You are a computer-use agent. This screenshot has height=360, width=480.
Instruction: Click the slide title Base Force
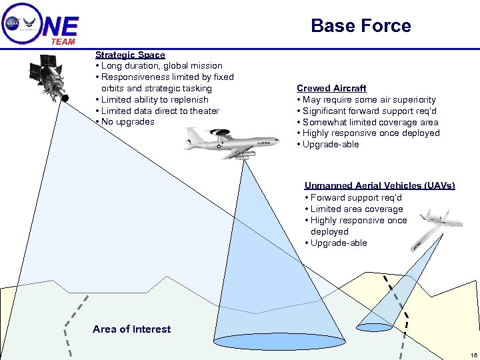(x=361, y=26)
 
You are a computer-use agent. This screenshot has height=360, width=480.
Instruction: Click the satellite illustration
(x=49, y=78)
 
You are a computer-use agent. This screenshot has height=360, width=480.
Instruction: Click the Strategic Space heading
(x=130, y=55)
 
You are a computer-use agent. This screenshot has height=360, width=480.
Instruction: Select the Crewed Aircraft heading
(x=331, y=88)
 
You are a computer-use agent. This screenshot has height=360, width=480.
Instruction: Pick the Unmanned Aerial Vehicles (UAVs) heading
(x=379, y=186)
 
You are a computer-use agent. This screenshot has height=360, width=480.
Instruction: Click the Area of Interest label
(x=131, y=329)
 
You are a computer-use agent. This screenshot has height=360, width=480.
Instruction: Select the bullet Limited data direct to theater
(x=160, y=111)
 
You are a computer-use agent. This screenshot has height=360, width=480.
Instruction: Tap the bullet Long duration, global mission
(x=162, y=66)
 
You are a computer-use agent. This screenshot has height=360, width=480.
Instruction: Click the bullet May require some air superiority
(x=369, y=99)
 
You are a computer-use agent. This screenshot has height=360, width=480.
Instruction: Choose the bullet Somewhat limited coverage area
(x=370, y=122)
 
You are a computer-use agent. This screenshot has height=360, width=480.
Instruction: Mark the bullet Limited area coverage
(x=357, y=209)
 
